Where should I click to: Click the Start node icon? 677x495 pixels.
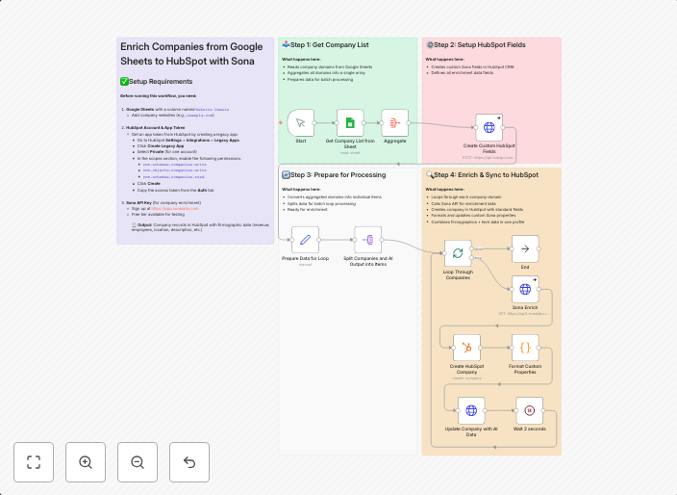click(301, 123)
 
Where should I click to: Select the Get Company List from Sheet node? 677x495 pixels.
click(350, 123)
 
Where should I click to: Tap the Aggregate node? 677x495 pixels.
click(394, 123)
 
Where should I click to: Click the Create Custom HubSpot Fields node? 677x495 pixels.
click(489, 128)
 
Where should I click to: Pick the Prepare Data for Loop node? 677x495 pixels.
click(305, 240)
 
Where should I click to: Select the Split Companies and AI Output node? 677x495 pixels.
click(367, 240)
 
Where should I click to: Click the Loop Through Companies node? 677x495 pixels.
click(458, 253)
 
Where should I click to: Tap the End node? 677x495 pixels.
click(525, 249)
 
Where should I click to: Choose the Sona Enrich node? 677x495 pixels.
click(525, 289)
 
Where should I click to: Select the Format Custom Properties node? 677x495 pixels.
click(525, 348)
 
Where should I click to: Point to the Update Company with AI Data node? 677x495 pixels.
click(471, 410)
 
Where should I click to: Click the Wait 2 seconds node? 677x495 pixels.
click(529, 410)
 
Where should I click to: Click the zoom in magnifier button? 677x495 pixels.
click(86, 462)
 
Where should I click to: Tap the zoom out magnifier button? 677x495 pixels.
click(138, 462)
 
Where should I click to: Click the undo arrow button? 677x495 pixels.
click(189, 462)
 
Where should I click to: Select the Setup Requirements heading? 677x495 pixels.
click(161, 82)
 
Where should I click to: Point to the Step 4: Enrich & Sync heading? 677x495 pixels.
click(485, 175)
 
